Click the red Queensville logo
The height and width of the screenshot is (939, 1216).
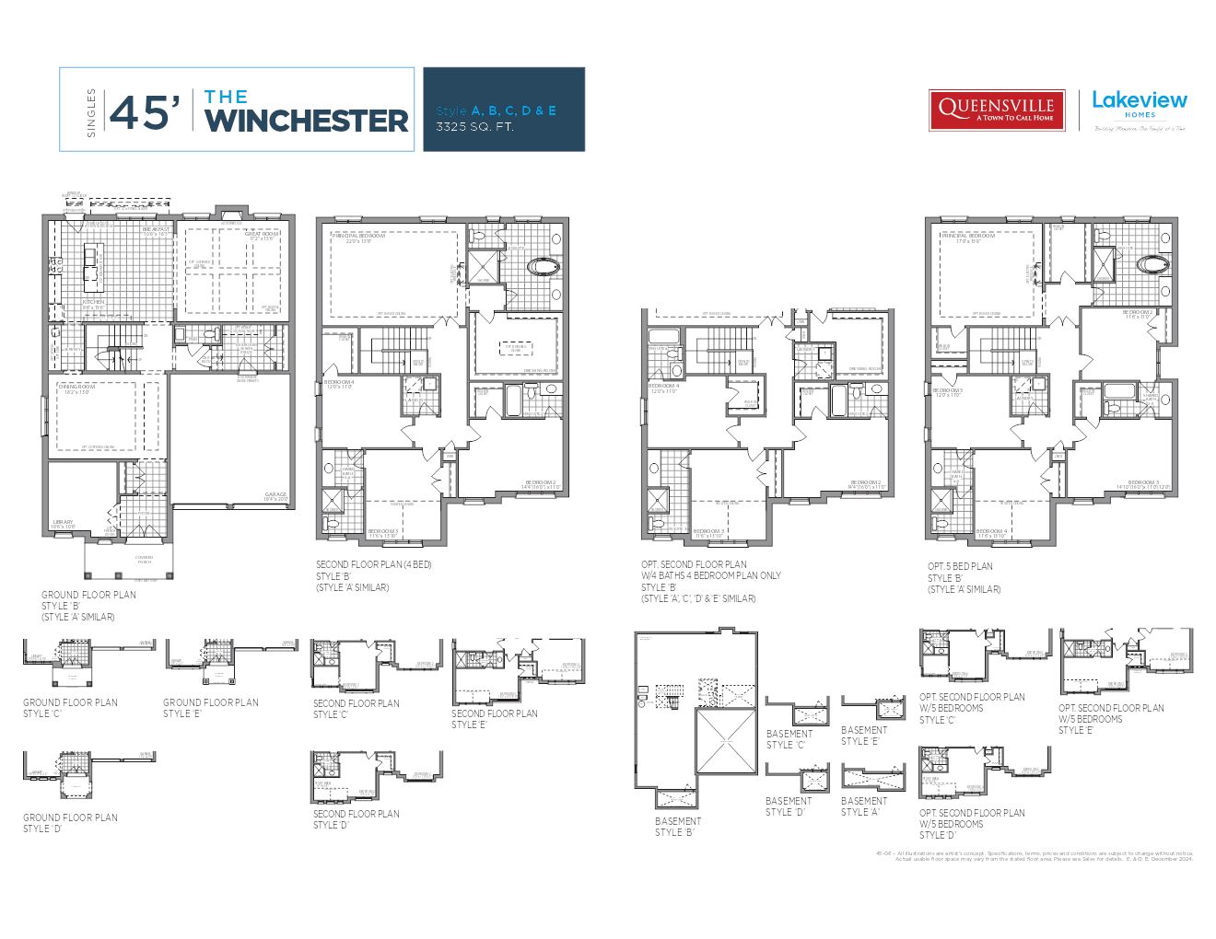click(996, 110)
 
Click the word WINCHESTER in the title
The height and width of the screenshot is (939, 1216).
click(306, 121)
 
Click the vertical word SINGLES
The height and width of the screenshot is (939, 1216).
click(90, 112)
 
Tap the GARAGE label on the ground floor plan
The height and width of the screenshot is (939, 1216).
click(275, 494)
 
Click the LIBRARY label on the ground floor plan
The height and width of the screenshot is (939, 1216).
click(63, 521)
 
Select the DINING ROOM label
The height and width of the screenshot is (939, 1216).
click(73, 387)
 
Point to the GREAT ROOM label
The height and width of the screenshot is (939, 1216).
click(262, 234)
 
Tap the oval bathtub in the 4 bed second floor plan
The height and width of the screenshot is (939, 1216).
click(543, 268)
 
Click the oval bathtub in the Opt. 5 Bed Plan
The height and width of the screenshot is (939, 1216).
click(1152, 265)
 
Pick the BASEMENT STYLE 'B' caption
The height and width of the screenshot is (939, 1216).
click(678, 827)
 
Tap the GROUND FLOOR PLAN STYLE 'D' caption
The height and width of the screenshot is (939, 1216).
click(70, 823)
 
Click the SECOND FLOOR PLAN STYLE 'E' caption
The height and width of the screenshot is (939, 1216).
click(495, 719)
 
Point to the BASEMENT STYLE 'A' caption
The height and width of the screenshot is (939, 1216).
click(864, 806)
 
